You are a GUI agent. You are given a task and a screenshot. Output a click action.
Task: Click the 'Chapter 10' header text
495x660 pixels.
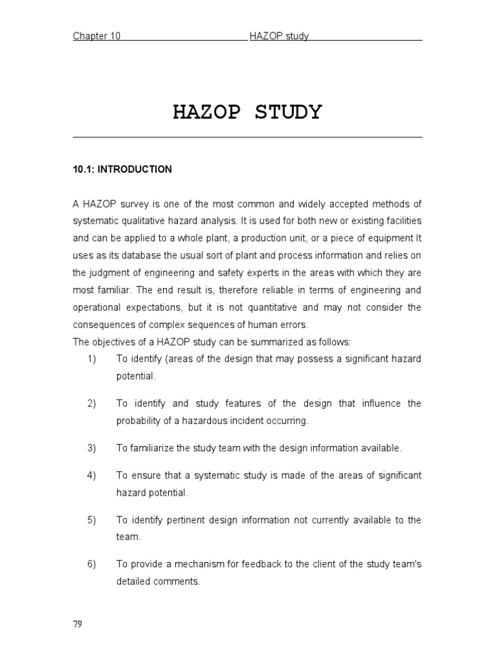(x=97, y=36)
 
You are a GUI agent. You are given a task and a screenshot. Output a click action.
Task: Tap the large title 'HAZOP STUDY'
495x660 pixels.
(x=247, y=112)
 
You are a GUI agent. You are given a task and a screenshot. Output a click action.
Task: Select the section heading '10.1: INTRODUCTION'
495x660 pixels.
(x=122, y=170)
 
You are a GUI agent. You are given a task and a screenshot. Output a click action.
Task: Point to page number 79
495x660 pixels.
(x=77, y=625)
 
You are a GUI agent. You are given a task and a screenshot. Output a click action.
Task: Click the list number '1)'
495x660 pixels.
(x=92, y=358)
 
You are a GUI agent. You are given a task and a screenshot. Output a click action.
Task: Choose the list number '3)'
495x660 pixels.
(x=92, y=448)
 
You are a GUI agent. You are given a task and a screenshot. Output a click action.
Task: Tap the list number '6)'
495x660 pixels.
(x=92, y=565)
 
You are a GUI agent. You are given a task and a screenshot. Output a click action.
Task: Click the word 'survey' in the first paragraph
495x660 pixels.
(x=130, y=204)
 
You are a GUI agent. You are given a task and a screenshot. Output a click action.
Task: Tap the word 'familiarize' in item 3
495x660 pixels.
(x=150, y=448)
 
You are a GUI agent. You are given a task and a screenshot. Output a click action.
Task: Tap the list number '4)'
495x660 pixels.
(x=92, y=476)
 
